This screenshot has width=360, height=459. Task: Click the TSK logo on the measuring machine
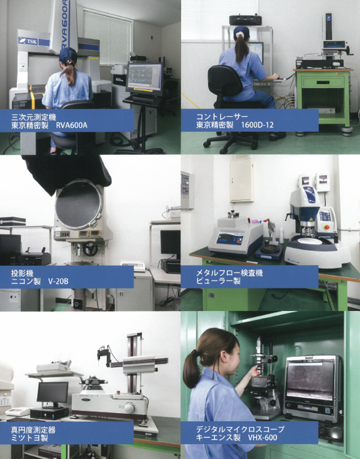coord(28,41)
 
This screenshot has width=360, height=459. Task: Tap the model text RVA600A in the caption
coord(72,126)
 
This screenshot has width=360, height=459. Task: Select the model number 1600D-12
coord(257,125)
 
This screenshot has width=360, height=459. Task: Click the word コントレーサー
coord(222,116)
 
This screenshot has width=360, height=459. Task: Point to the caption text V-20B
coord(58,281)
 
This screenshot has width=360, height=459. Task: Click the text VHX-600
coord(262,437)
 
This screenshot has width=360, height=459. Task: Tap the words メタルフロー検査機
coord(229,273)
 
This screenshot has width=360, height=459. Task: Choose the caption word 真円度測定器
coord(33,430)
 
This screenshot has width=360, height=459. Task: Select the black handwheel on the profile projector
coord(91,249)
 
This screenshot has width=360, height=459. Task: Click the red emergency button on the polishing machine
coord(327,227)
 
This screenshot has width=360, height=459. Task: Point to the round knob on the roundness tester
coord(129,408)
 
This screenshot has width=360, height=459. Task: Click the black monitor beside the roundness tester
coord(53,392)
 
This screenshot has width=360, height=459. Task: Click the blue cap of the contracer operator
coord(242,32)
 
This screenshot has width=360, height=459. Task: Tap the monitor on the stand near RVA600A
coord(145,76)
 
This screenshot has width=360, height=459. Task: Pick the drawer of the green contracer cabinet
coord(323,82)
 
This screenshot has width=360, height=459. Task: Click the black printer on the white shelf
coord(246,20)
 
